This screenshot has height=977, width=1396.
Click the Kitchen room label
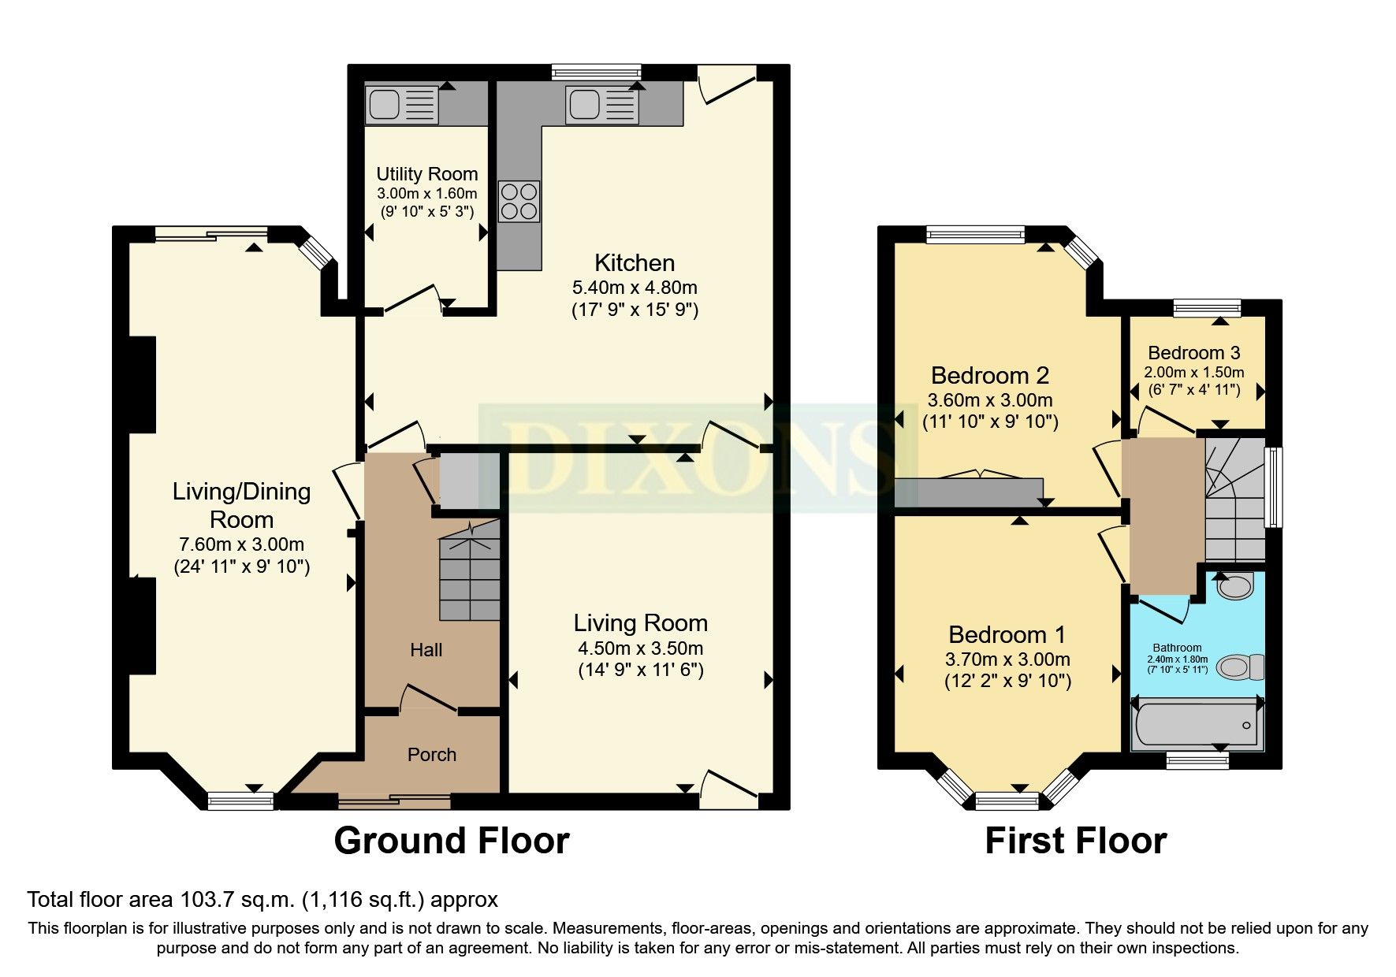(x=634, y=262)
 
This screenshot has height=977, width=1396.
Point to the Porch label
(x=431, y=754)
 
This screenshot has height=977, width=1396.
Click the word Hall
(x=426, y=650)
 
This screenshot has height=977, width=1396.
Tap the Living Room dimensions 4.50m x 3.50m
(x=640, y=648)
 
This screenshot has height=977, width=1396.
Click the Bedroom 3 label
(x=1193, y=352)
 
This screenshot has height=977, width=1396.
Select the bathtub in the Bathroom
(x=1196, y=724)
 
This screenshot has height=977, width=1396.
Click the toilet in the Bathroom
(x=1239, y=667)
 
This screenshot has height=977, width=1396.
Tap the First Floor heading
(x=1075, y=841)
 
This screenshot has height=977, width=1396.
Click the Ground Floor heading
(x=451, y=841)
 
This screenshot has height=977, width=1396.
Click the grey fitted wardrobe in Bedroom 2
(x=969, y=492)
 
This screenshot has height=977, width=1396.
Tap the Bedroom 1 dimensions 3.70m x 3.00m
(x=1007, y=659)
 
